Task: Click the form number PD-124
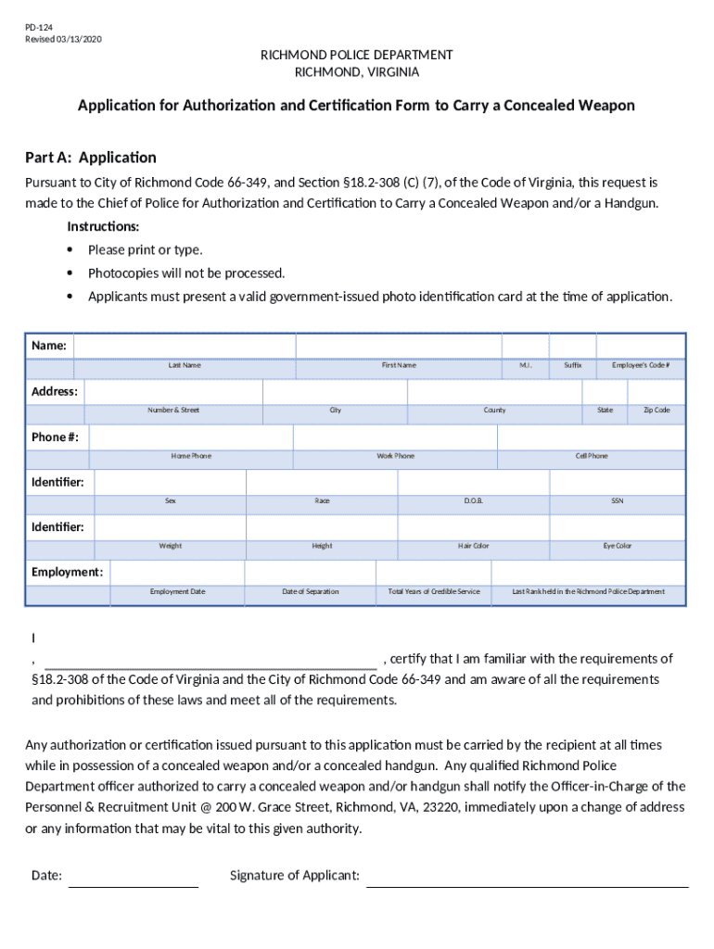point(38,29)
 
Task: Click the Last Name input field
point(184,346)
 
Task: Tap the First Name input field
point(398,346)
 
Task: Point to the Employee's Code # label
point(641,365)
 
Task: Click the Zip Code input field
point(657,391)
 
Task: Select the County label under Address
point(494,410)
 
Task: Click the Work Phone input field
point(395,437)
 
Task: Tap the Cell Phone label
point(592,456)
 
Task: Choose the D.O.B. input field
point(473,482)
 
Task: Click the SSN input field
point(617,482)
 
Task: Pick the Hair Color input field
point(473,526)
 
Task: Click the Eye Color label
point(617,546)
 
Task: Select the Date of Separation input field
point(310,572)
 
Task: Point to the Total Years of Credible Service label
point(434,591)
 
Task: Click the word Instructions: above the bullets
point(104,227)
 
